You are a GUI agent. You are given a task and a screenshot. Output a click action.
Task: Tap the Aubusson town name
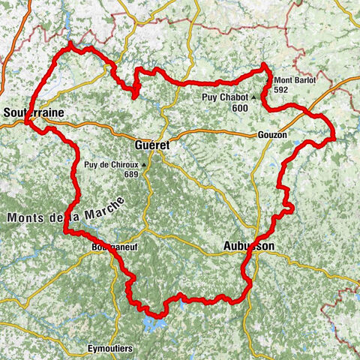pos(248,246)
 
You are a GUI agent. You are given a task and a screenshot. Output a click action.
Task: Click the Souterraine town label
pos(33,112)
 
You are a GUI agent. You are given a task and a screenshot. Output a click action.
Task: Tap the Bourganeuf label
pos(112,245)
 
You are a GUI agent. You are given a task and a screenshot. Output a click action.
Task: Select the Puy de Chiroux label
pos(111,165)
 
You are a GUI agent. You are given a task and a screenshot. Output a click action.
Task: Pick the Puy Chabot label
pos(225,97)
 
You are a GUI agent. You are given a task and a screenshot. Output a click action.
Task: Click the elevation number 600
pos(240,108)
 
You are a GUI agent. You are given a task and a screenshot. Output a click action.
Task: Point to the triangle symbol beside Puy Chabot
pos(254,97)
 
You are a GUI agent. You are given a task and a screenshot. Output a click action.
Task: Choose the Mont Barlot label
pos(295,80)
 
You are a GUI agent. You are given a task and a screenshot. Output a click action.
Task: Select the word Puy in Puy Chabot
pos(209,97)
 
